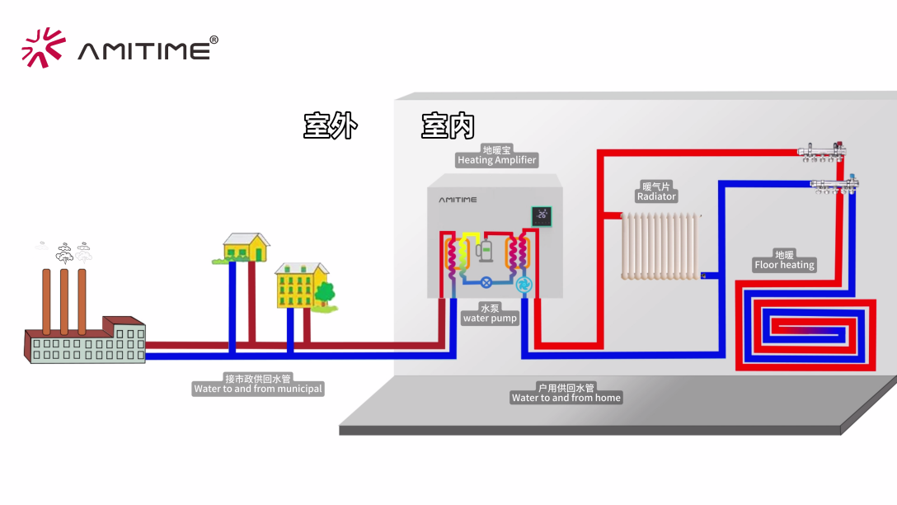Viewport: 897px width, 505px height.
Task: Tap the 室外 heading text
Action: pyautogui.click(x=330, y=126)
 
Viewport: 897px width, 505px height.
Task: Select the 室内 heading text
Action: pyautogui.click(x=448, y=126)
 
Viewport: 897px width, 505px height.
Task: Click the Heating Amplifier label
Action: pyautogui.click(x=496, y=155)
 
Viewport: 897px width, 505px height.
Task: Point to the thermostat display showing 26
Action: pyautogui.click(x=541, y=216)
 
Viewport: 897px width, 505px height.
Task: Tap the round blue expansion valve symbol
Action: pyautogui.click(x=486, y=282)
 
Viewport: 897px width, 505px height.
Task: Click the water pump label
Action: pyautogui.click(x=490, y=314)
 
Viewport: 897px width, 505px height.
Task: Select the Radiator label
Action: pyautogui.click(x=656, y=191)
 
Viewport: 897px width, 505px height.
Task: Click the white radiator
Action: pyautogui.click(x=660, y=246)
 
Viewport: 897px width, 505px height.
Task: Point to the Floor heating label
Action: pyautogui.click(x=784, y=260)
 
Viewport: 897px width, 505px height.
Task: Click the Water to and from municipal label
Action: pyautogui.click(x=258, y=384)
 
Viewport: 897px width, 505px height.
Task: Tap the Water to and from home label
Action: pyautogui.click(x=566, y=393)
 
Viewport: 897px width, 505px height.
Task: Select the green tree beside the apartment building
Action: pyautogui.click(x=325, y=292)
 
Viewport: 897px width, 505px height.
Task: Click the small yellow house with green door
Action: pyautogui.click(x=246, y=246)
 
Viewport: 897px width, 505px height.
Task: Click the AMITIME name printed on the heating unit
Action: pyautogui.click(x=457, y=200)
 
